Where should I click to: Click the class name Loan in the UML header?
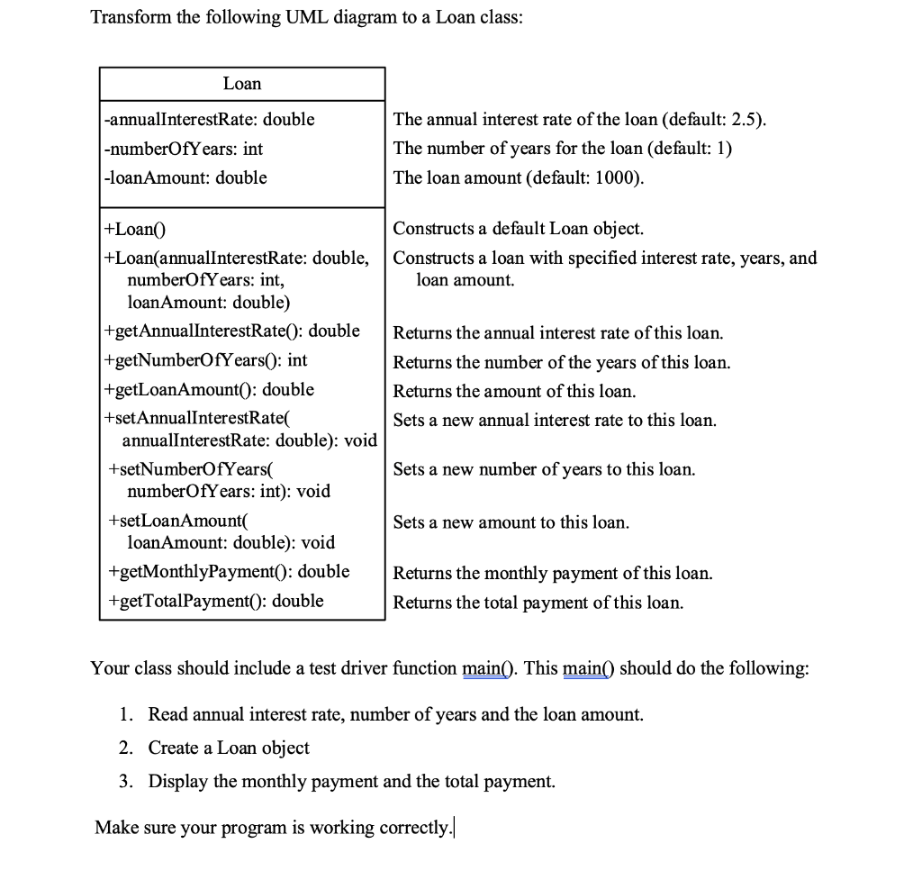tap(242, 84)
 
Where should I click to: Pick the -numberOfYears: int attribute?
tap(184, 149)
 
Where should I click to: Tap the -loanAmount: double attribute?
tap(185, 177)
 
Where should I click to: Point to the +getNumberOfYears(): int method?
tap(206, 360)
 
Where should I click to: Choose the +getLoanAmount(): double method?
tap(210, 389)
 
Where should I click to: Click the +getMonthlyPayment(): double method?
tap(228, 571)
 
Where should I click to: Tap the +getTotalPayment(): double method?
tap(215, 601)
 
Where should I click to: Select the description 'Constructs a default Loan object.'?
tap(518, 229)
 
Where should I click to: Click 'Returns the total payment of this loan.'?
tap(538, 603)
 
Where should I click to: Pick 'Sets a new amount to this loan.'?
tap(511, 522)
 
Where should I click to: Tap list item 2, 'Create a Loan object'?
tap(229, 748)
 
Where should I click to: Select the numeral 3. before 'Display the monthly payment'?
tap(127, 781)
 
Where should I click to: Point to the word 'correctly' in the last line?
tap(411, 828)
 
